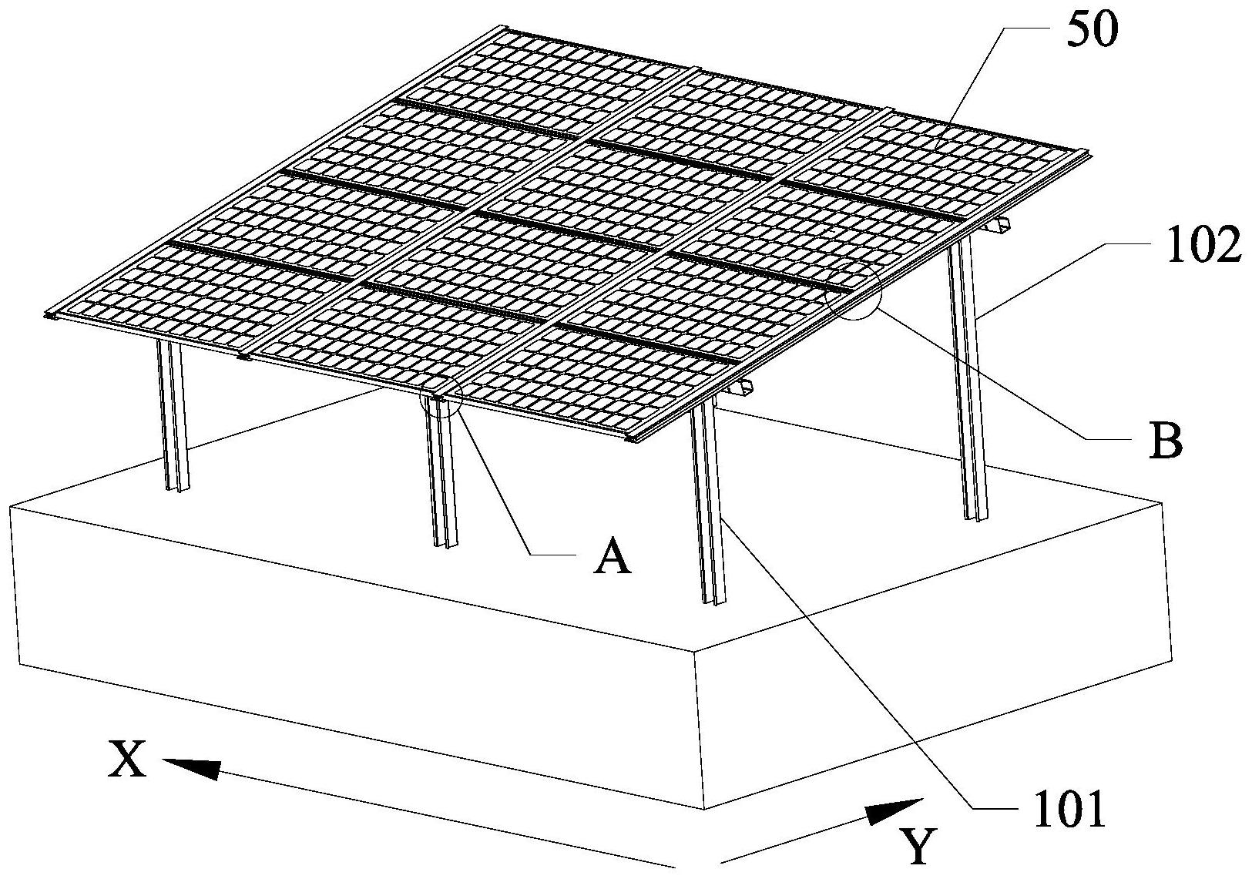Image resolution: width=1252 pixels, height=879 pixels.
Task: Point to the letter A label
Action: (613, 556)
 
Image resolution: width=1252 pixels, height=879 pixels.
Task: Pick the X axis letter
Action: (127, 762)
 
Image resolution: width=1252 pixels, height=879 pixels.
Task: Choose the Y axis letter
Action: (919, 846)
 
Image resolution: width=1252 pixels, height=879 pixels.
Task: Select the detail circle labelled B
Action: (852, 290)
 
